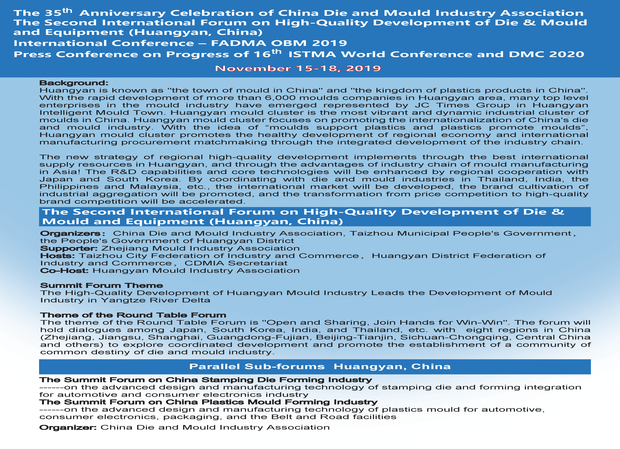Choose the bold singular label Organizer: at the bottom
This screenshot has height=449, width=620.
[68, 427]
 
